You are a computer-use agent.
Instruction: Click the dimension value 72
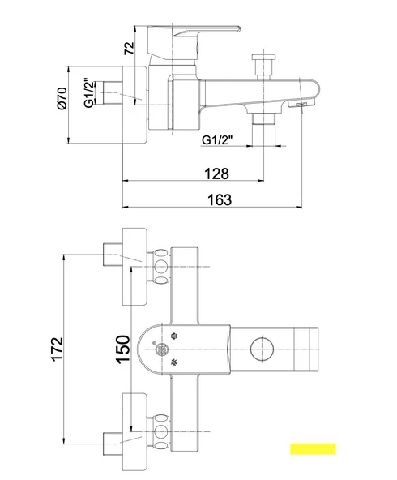(x=130, y=48)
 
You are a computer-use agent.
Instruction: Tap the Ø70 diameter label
(x=62, y=99)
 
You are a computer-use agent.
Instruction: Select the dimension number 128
(x=216, y=174)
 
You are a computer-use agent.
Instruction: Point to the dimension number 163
(x=220, y=199)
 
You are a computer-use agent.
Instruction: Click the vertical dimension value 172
(x=58, y=349)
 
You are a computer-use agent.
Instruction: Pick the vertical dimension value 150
(x=123, y=349)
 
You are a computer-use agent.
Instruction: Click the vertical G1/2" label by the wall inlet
(x=88, y=93)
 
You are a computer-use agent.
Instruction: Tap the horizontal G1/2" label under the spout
(x=217, y=139)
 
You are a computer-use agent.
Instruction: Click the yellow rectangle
(x=313, y=448)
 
